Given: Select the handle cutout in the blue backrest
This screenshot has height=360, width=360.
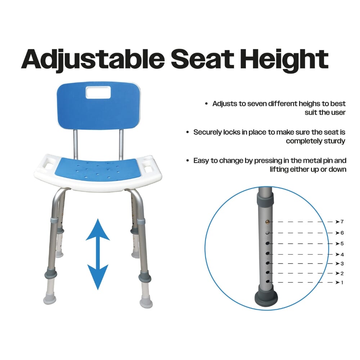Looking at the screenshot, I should click(x=97, y=94).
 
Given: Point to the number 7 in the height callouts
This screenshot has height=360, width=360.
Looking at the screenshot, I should click(x=342, y=221).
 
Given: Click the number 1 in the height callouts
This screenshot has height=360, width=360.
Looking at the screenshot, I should click(x=342, y=283).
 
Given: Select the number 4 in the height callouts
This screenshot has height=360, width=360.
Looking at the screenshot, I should click(x=342, y=255).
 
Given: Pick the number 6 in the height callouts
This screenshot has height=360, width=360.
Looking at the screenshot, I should click(x=342, y=233).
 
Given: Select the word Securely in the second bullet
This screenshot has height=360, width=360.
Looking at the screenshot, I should click(x=207, y=132).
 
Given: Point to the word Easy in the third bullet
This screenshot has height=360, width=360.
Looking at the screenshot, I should click(x=201, y=161).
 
